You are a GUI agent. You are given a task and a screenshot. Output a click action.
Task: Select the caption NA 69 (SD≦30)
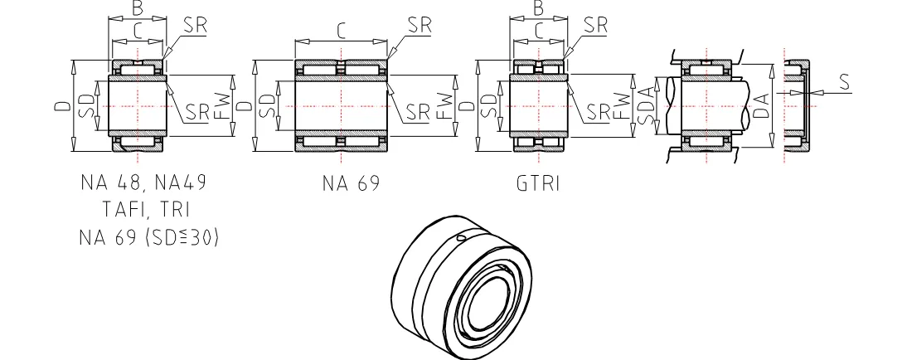149,237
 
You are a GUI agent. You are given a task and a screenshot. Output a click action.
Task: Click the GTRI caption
538,183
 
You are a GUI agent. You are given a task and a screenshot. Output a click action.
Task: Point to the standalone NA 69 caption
352,183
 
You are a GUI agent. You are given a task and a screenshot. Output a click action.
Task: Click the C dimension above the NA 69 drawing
341,32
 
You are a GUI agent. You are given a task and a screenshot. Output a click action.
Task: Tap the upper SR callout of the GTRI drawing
595,24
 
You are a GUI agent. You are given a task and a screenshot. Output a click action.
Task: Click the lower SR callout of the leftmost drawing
197,111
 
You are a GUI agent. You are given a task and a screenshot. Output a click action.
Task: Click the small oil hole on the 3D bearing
461,240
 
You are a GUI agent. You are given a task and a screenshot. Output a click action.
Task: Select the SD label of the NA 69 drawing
267,105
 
